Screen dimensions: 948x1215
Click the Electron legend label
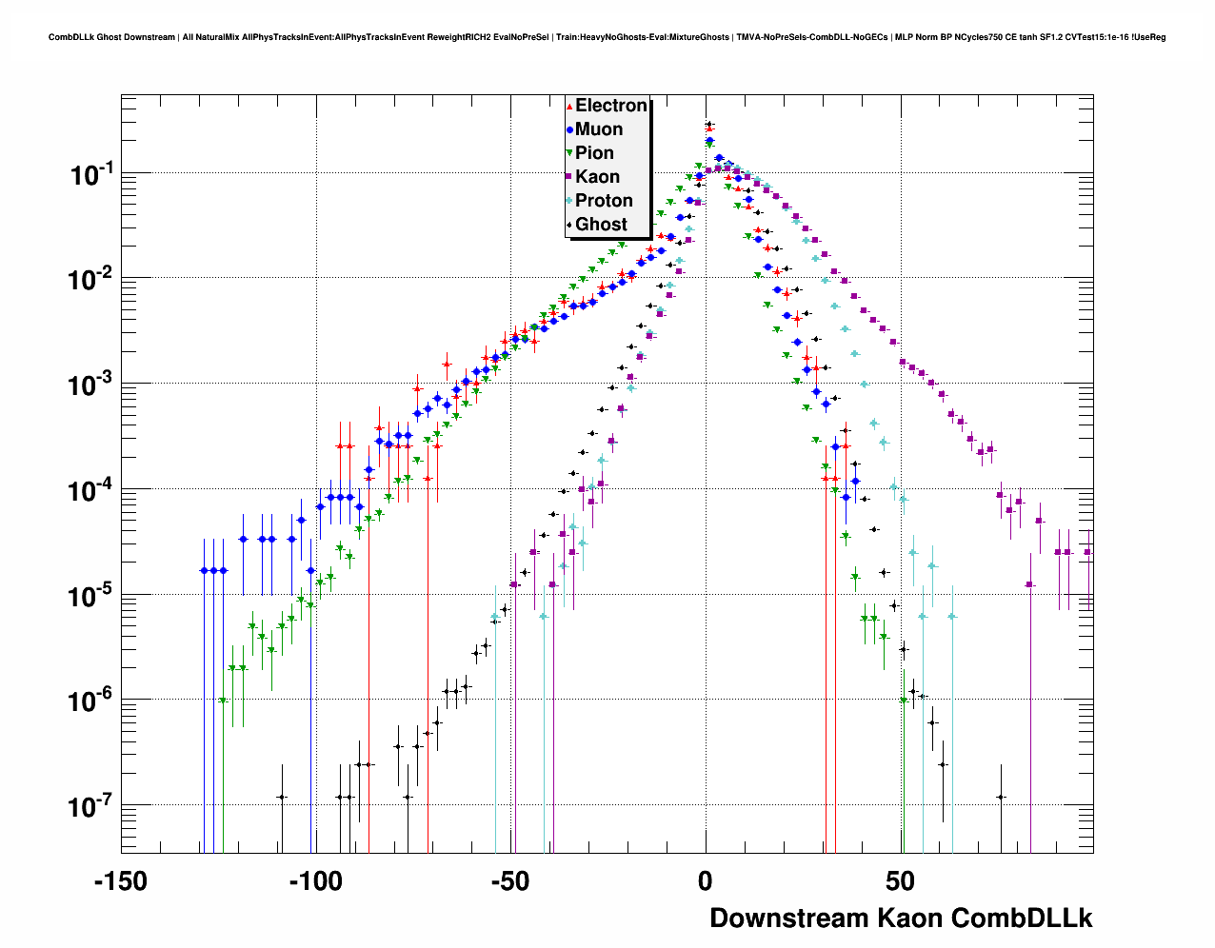[x=611, y=106]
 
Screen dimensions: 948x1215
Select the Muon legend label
[x=599, y=129]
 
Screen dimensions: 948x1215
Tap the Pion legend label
[x=594, y=153]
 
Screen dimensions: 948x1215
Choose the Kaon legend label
[x=597, y=177]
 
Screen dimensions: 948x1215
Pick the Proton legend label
[x=604, y=201]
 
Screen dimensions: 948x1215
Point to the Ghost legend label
[x=601, y=225]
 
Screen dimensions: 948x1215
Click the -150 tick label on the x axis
[x=121, y=881]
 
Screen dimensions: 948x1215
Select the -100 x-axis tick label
[x=315, y=881]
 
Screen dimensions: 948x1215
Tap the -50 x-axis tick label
[x=510, y=881]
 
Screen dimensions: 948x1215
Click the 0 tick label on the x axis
[x=706, y=881]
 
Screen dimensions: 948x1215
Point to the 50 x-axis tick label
[x=900, y=881]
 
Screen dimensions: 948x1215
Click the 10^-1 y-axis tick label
[x=91, y=174]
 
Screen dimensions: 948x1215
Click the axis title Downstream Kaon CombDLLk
[x=901, y=918]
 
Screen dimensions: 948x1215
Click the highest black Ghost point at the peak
[x=708, y=124]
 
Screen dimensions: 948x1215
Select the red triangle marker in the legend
[x=569, y=107]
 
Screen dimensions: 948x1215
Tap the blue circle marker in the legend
[x=569, y=130]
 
